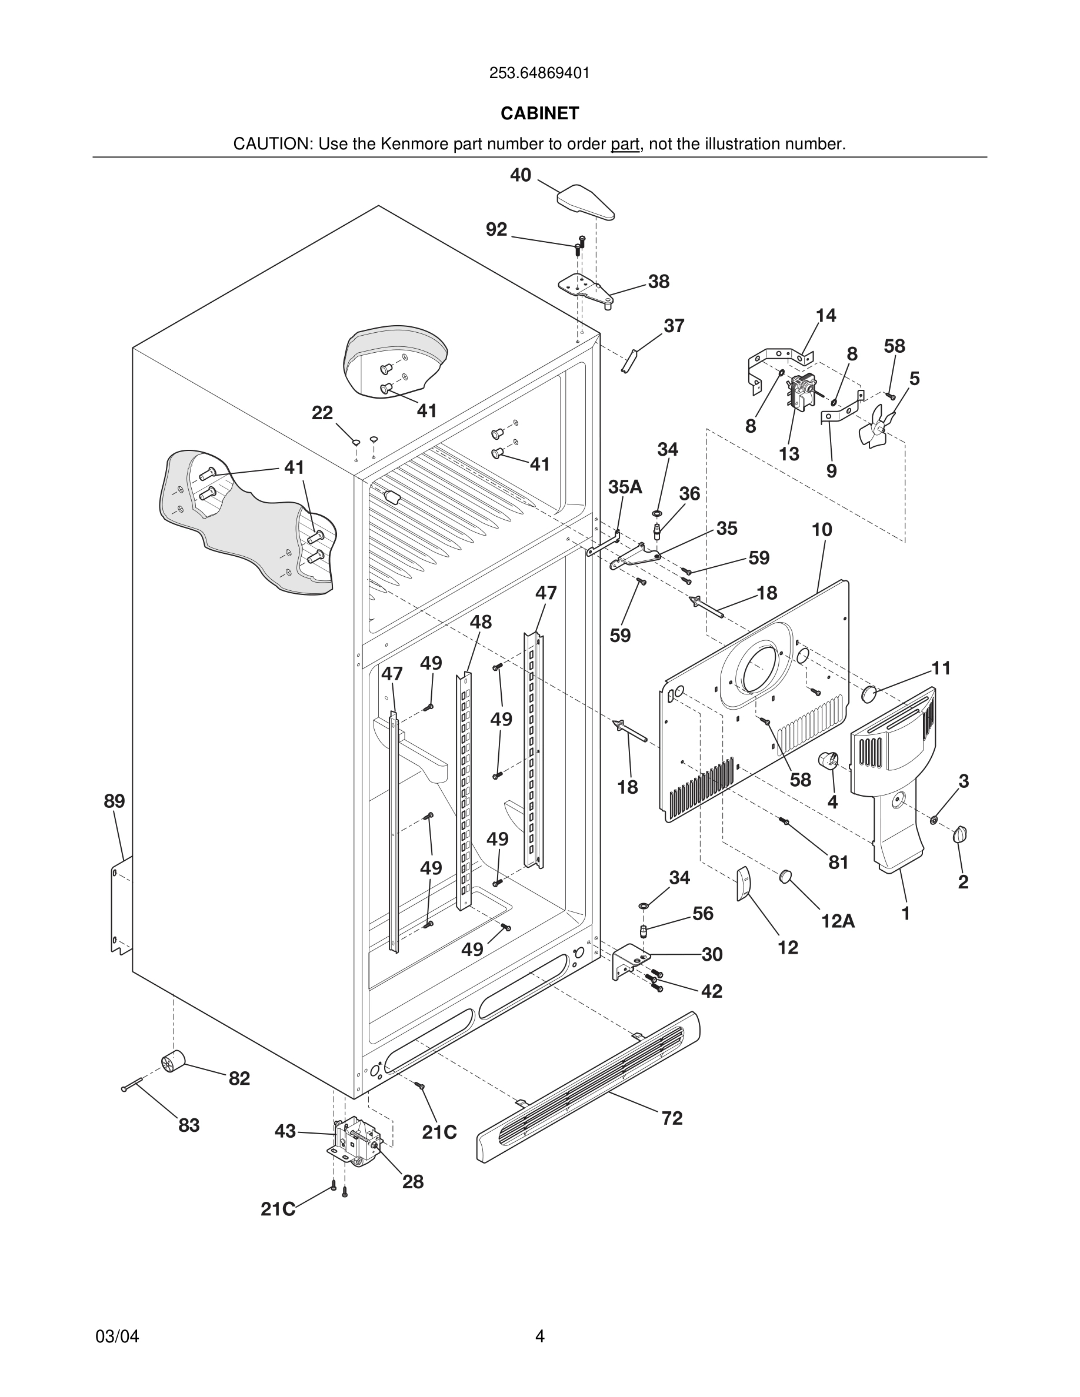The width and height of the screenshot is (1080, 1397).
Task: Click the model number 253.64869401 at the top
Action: coord(539,73)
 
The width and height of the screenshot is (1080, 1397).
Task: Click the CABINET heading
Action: coord(539,113)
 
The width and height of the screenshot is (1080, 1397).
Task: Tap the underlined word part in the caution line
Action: coord(625,145)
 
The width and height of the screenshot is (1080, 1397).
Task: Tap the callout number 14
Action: coord(825,315)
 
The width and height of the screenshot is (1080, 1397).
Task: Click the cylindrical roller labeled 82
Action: coord(172,1061)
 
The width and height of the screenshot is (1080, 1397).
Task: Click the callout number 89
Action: coord(115,801)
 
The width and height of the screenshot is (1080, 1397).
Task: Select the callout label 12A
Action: coord(838,921)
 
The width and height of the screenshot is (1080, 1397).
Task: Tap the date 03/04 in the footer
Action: coord(117,1336)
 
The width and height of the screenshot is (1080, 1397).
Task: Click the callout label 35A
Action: coord(625,487)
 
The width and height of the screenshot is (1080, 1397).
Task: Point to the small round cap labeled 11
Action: coord(869,693)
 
